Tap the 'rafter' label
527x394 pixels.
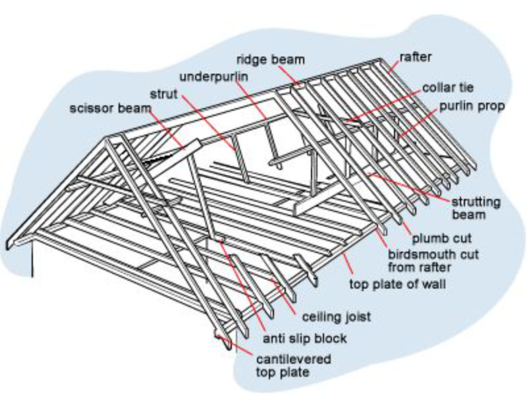click(416, 57)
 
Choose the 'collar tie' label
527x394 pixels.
click(449, 87)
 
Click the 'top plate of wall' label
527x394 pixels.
click(397, 285)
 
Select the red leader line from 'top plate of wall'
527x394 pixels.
click(349, 267)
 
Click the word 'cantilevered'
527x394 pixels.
click(292, 360)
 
